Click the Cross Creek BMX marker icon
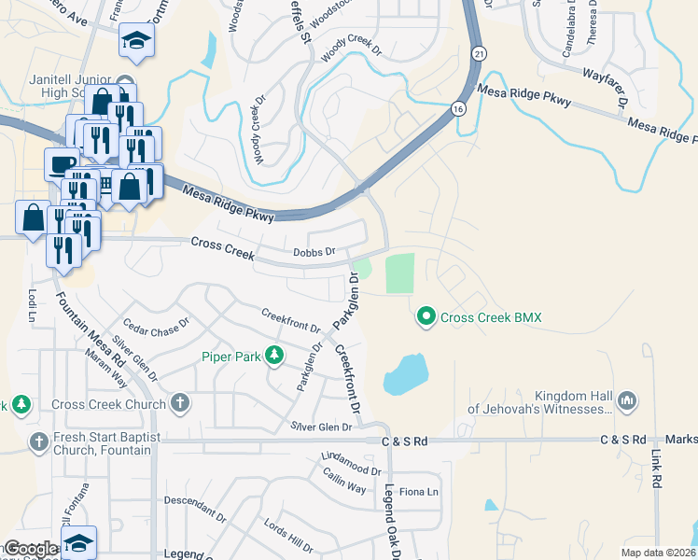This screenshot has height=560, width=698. coord(426,317)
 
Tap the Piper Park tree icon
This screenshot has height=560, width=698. coord(273,355)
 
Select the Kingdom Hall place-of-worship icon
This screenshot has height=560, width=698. coord(626,399)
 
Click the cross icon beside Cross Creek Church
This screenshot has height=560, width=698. coord(180,403)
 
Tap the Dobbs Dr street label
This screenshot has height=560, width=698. coord(314,250)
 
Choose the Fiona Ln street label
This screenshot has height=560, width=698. coord(419,491)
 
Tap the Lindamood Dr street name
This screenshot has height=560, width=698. coord(351,459)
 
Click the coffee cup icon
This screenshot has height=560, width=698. coord(63,164)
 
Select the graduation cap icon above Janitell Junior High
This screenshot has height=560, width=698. coord(136,40)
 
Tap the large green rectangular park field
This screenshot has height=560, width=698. coord(398,273)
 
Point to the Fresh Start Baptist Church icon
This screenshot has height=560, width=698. coord(38,441)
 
